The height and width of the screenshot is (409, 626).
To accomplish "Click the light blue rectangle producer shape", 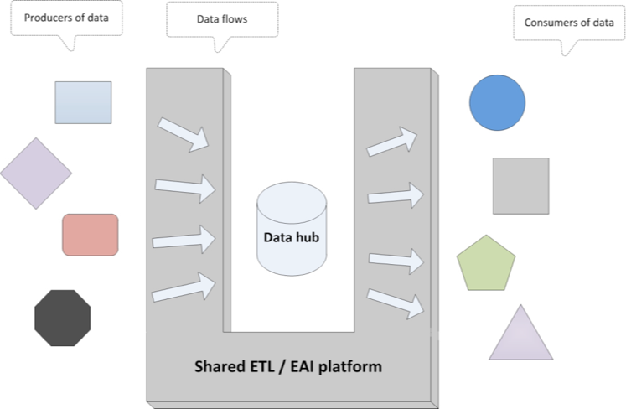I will click(83, 102).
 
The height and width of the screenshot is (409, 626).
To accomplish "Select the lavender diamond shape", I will click(36, 173).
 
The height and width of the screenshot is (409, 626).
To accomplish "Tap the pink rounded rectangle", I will click(90, 235).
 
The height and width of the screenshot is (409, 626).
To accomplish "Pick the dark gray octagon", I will click(62, 318).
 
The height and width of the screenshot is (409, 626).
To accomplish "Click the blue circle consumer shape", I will click(497, 103).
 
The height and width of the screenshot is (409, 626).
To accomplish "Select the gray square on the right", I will click(520, 185).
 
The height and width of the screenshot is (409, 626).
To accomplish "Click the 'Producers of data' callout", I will click(66, 18).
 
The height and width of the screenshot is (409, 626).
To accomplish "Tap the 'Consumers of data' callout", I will click(569, 23).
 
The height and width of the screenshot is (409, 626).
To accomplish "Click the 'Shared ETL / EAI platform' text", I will click(287, 366).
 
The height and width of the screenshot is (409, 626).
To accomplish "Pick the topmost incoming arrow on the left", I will click(184, 133).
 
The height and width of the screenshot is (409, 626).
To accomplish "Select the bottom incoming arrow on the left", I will click(183, 287).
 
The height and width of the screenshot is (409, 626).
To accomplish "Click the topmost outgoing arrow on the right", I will click(392, 142).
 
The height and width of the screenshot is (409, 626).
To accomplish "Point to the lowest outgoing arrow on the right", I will click(395, 303).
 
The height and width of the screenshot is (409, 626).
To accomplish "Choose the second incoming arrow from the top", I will click(184, 188).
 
